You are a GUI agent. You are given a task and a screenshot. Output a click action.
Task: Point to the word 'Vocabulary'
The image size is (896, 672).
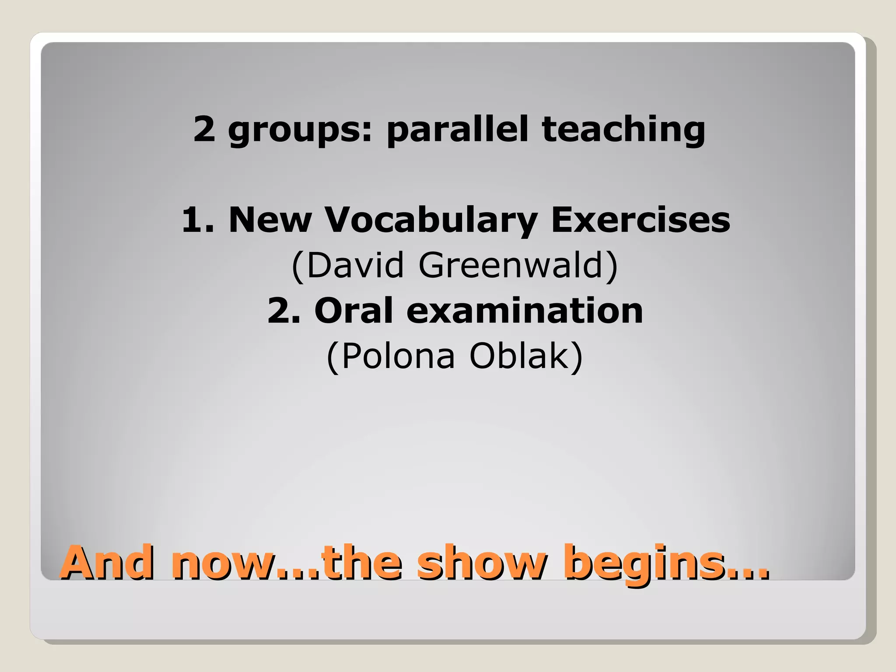(431, 220)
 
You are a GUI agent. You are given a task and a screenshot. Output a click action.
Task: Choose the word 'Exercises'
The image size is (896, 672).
(640, 219)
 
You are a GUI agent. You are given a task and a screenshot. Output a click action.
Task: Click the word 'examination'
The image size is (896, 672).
(525, 310)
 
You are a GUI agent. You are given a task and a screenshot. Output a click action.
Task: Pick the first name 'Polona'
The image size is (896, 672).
(398, 356)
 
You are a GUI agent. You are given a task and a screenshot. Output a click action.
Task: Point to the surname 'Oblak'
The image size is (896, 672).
(519, 356)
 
